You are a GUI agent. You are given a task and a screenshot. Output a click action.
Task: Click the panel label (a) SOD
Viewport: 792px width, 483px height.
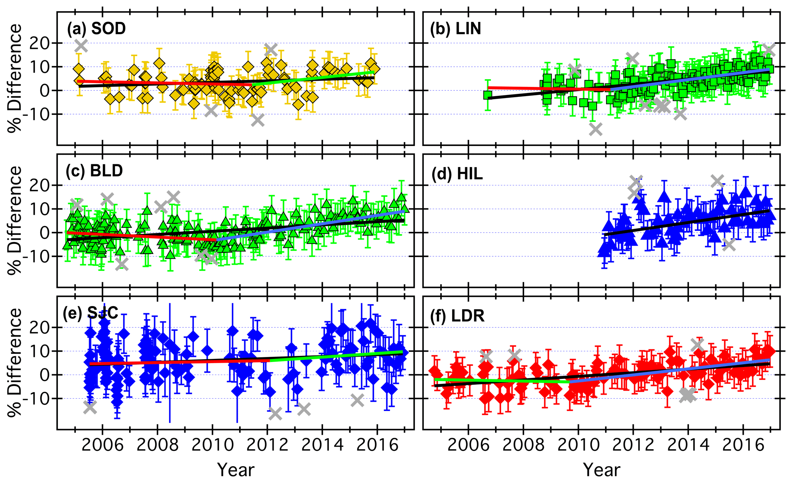[96, 29]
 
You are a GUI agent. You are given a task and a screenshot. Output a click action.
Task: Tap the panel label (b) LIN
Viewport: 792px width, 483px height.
[456, 29]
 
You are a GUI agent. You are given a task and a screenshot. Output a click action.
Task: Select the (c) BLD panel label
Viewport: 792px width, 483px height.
[94, 171]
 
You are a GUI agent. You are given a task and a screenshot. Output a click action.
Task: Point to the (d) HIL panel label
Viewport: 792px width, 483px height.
[457, 174]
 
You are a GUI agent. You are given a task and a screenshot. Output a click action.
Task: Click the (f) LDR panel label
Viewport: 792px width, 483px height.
[457, 316]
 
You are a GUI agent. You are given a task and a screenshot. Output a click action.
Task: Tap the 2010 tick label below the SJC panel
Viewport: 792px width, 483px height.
[212, 445]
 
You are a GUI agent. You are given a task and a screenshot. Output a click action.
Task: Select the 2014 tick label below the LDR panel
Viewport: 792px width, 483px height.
[688, 445]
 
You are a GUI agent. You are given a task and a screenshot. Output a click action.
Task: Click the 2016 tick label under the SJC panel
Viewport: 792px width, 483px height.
[377, 445]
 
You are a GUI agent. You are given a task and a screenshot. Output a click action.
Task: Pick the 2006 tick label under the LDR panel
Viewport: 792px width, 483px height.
[468, 445]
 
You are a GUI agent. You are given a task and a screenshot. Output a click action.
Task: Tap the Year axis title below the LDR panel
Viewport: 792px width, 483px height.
[602, 470]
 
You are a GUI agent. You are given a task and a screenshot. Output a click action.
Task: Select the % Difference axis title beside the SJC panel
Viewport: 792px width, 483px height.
[15, 362]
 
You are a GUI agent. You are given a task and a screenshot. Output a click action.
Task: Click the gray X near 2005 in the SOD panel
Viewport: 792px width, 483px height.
[81, 46]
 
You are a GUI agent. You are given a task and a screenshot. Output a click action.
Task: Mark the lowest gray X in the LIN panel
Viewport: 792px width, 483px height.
[595, 129]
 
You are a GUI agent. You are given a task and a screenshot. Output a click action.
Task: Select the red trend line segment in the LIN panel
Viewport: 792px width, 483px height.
[548, 88]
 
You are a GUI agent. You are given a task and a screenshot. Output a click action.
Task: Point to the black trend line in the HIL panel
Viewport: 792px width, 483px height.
[686, 222]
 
